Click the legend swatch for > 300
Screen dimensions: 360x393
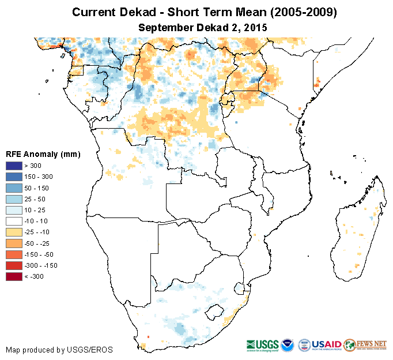pos(14,166)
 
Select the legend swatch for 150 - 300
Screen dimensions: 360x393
pos(14,177)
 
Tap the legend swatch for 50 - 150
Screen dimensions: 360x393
pos(14,188)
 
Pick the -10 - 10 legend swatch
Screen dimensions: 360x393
pos(14,221)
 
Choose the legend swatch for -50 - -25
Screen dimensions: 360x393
pos(14,243)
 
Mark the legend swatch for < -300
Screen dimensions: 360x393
pos(14,276)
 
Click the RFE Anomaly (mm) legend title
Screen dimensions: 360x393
pos(43,155)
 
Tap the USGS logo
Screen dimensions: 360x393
pos(262,344)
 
